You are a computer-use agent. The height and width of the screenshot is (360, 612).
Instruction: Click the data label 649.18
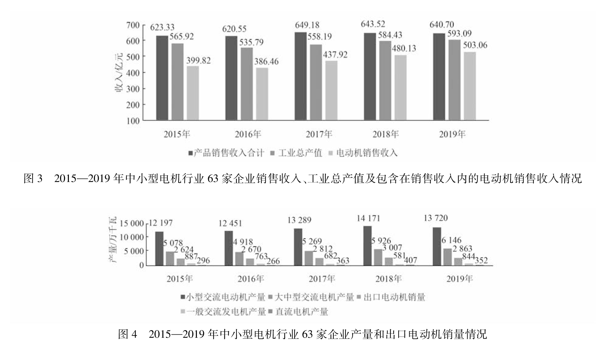coord(307,25)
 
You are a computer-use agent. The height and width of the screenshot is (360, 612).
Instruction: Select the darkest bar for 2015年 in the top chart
coord(162,78)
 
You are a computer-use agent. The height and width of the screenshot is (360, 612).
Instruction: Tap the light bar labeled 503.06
coord(470,86)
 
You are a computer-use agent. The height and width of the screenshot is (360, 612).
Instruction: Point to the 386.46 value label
coord(266,62)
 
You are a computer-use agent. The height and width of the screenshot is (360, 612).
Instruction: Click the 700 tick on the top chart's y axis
coord(133,25)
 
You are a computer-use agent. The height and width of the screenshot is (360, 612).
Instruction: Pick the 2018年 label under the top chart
coord(386,134)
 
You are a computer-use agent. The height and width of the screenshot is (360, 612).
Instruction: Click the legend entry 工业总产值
coord(300,153)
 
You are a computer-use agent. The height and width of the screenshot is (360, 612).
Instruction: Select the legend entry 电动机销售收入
coord(367,153)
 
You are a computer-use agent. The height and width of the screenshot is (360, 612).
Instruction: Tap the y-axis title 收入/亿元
coord(119,73)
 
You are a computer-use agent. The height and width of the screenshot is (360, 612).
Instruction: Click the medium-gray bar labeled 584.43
coord(385,80)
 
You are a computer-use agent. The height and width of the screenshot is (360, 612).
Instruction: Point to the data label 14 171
coord(369,218)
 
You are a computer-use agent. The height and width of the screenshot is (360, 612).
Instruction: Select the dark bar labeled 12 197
coord(159,248)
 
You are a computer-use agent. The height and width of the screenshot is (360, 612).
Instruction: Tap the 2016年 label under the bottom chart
coord(251,279)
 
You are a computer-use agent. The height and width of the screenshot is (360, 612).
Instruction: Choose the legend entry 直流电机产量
coord(302,312)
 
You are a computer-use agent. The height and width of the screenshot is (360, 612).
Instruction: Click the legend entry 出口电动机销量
coord(394,297)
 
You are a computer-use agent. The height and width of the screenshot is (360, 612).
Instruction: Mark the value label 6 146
coord(451,240)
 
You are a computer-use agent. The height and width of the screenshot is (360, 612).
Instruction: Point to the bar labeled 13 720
coord(437,246)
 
